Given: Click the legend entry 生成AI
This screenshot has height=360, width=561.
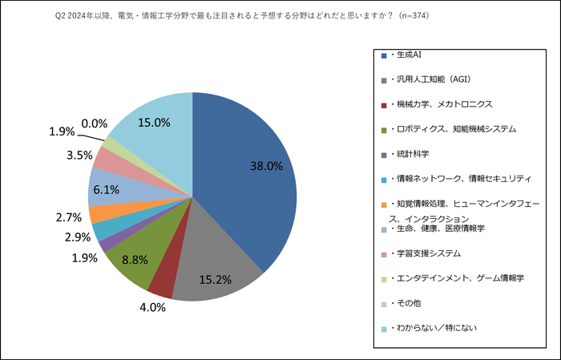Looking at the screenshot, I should [408, 56].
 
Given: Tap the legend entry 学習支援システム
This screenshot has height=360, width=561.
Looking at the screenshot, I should [426, 253].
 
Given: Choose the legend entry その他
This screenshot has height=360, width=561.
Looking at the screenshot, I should [409, 302].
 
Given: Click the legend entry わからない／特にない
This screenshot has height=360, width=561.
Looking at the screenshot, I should [434, 327].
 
